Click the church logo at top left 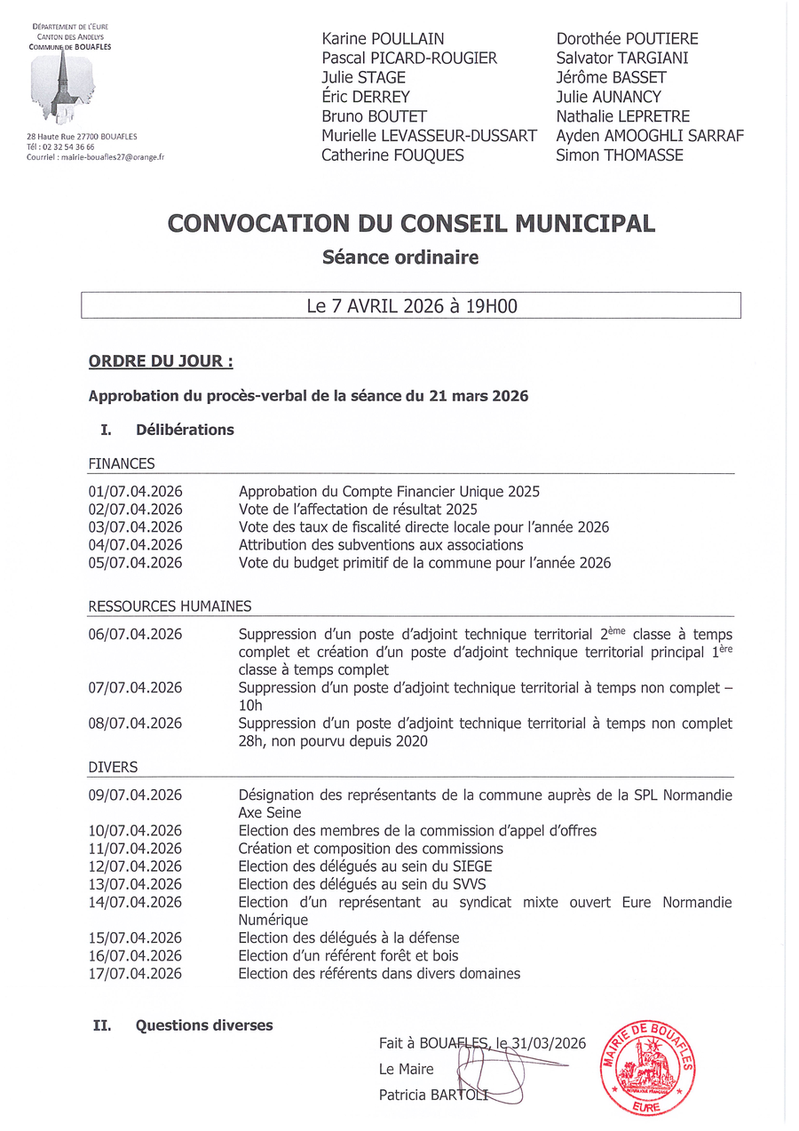click(x=63, y=87)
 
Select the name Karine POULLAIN click(x=383, y=39)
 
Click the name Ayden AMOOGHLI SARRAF click(x=650, y=136)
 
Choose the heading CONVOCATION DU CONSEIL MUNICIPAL click(x=411, y=223)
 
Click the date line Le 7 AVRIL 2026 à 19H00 click(x=411, y=306)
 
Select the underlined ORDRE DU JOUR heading click(x=161, y=362)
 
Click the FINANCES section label click(x=122, y=463)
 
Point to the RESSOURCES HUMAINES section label click(x=170, y=607)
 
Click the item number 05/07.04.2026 click(x=135, y=563)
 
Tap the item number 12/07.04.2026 click(x=135, y=866)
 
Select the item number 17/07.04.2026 click(x=135, y=974)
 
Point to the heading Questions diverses click(x=204, y=1025)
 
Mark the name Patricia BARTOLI click(x=434, y=1095)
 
